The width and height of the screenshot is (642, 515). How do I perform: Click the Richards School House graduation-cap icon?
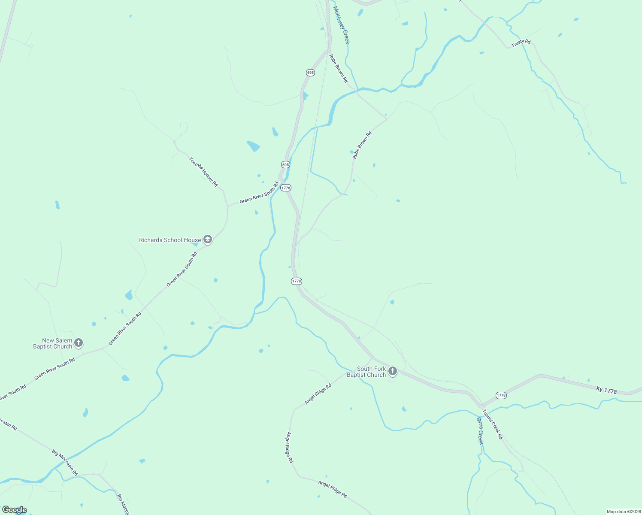coord(208,239)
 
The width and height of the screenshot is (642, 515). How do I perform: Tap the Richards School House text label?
coord(170,240)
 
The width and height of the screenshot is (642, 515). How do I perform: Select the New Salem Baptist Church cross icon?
coord(78,342)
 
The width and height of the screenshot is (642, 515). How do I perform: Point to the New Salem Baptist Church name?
coord(53,343)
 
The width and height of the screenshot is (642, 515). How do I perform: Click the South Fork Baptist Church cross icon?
coord(392,371)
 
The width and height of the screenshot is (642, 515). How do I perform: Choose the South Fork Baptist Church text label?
coord(367,372)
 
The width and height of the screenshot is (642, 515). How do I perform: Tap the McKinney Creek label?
coord(342,25)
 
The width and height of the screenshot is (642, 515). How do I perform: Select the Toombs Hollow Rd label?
coord(203,172)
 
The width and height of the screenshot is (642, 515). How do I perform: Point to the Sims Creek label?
coord(480,430)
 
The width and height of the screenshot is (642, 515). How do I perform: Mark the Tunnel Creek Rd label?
coord(492,424)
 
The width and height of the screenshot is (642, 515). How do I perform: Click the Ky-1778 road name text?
coord(606,390)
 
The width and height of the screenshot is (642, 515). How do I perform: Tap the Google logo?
coord(15,510)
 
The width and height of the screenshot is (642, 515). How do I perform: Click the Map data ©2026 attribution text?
coord(623,512)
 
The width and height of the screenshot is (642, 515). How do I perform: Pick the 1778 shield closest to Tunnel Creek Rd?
coord(501,395)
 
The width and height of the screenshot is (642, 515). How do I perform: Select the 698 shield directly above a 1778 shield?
coord(285,164)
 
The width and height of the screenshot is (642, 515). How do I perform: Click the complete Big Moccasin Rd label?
coord(65,463)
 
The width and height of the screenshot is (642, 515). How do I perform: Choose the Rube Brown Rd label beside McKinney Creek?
coord(339,68)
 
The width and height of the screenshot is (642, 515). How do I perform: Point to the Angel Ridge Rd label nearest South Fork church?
coord(318,394)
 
